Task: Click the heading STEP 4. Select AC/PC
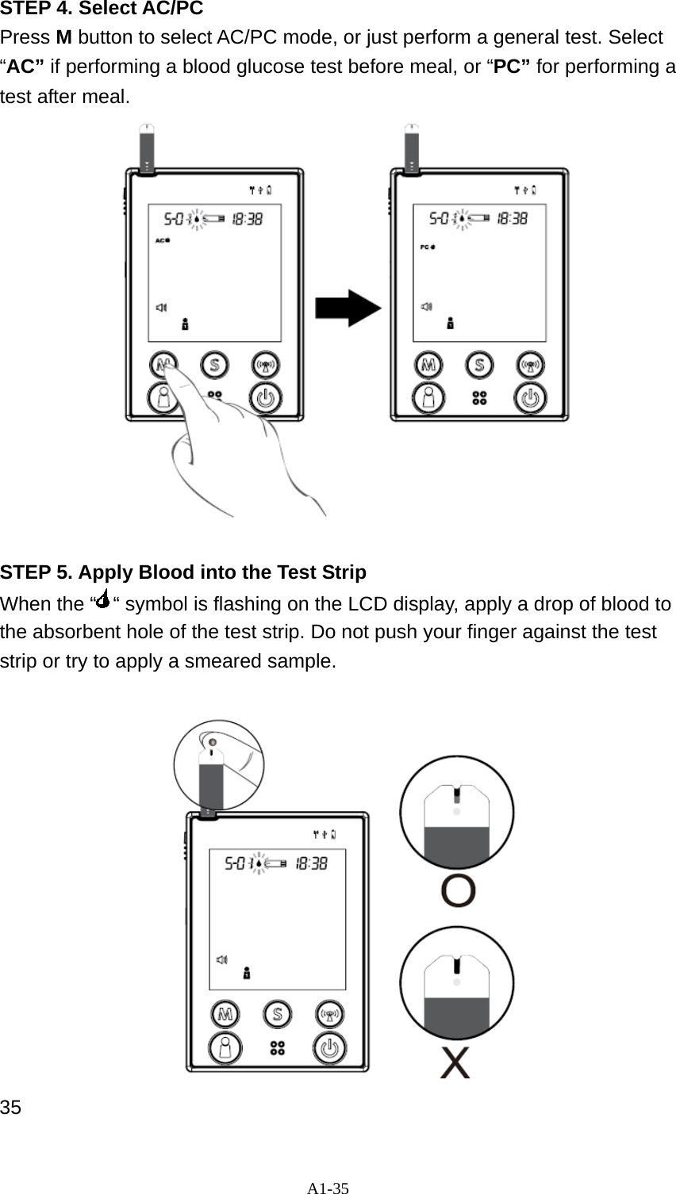102,10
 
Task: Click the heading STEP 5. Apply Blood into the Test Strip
183,572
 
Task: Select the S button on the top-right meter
479,365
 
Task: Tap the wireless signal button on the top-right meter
530,365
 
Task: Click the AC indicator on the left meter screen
162,239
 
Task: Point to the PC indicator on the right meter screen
427,247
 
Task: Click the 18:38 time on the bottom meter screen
311,863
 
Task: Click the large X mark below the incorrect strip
455,1062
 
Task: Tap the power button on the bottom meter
329,1048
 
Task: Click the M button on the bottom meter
226,1014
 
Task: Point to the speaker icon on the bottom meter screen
222,959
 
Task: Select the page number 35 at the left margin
11,1107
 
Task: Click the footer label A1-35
328,1188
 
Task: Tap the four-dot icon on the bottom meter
277,1048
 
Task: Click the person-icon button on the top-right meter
429,398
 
